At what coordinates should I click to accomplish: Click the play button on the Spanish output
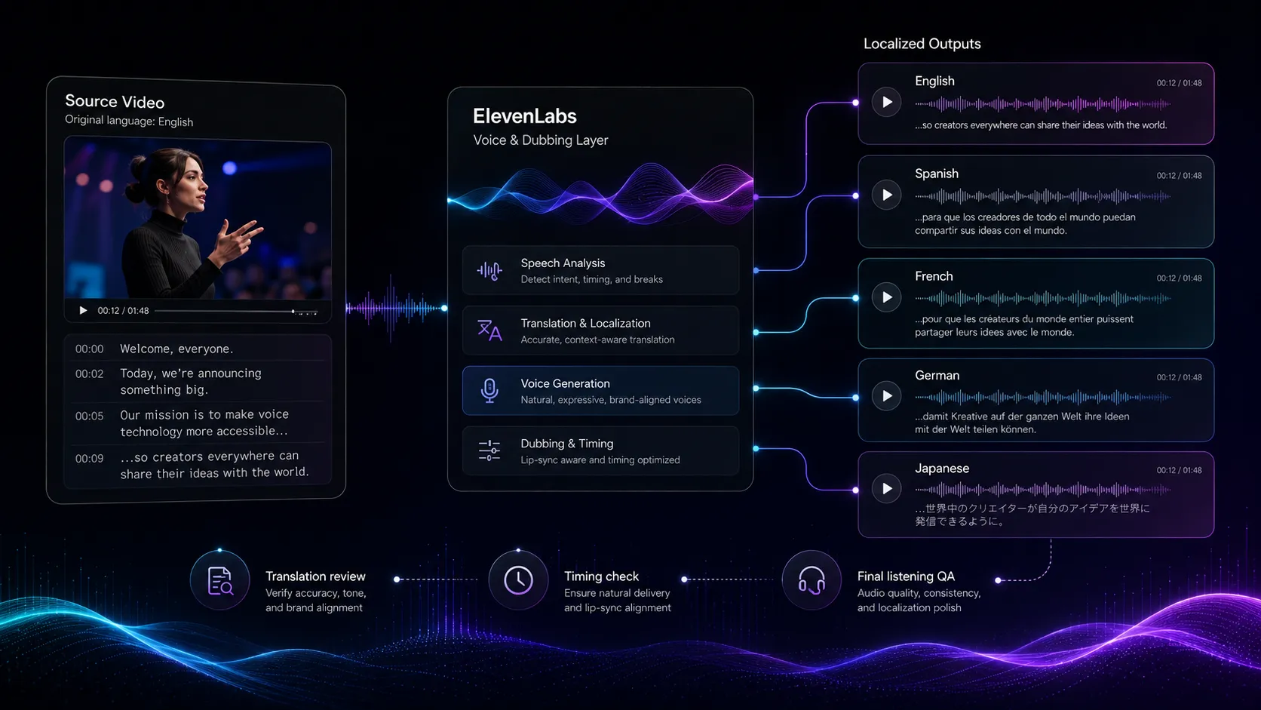tap(886, 195)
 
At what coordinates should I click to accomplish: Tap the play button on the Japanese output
tap(886, 489)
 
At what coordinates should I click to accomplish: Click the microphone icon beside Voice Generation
tap(489, 390)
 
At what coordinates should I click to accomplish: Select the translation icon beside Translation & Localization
tap(489, 330)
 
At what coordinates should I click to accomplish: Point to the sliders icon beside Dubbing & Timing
tap(489, 450)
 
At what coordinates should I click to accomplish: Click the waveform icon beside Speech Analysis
tap(489, 271)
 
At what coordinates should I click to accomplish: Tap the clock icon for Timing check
tap(518, 580)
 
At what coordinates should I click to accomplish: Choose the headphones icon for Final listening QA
tap(812, 580)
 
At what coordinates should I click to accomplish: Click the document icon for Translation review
tap(219, 580)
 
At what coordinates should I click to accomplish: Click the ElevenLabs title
tap(525, 116)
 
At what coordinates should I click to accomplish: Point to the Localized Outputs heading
tap(922, 44)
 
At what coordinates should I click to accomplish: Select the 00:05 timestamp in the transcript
tap(90, 416)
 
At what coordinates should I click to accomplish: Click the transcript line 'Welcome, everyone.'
tap(176, 349)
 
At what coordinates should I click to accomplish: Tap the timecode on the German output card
tap(1179, 377)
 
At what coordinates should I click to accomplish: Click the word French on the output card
tap(934, 276)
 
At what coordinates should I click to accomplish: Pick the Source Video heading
tap(115, 101)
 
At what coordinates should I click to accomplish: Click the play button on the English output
tap(886, 102)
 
